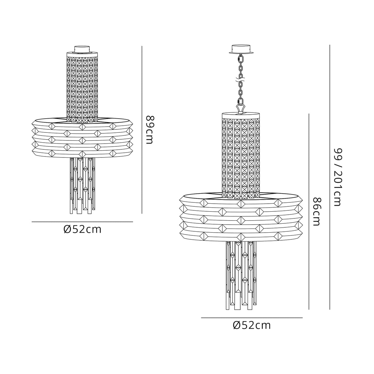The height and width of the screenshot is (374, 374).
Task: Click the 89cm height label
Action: pyautogui.click(x=149, y=130)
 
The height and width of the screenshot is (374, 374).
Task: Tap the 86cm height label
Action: pyautogui.click(x=316, y=212)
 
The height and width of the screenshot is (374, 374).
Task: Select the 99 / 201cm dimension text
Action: pyautogui.click(x=338, y=177)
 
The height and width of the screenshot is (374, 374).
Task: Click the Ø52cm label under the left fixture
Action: pyautogui.click(x=82, y=229)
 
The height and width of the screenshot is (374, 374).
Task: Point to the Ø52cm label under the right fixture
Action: pyautogui.click(x=252, y=325)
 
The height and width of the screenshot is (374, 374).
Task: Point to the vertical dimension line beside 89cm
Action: pyautogui.click(x=142, y=129)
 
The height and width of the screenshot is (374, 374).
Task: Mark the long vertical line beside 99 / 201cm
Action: pyautogui.click(x=330, y=177)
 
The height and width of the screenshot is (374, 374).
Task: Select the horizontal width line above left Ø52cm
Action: pyautogui.click(x=82, y=222)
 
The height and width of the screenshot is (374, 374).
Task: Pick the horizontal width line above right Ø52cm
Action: pyautogui.click(x=252, y=318)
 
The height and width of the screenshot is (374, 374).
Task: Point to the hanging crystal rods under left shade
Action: pyautogui.click(x=82, y=185)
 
